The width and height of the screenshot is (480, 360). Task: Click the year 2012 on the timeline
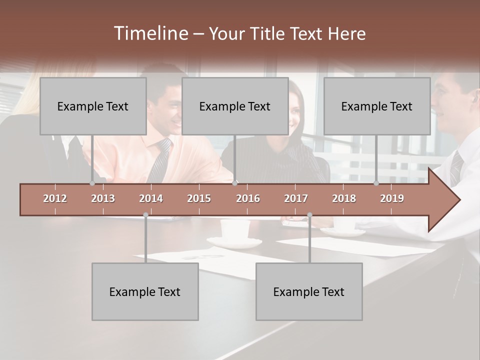pos(55,198)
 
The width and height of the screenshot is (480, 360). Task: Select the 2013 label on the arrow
pos(103,198)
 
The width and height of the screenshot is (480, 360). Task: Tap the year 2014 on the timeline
pos(151,198)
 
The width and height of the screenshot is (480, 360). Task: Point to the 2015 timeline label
pos(199,198)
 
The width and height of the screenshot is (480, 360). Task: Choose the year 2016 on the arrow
pos(248,198)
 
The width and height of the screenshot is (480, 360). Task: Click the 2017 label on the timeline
pos(296,198)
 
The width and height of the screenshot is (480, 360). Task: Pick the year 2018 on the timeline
pos(344,198)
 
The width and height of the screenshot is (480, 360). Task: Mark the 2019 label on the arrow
pos(392,198)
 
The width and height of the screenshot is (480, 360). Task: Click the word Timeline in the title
pos(150,33)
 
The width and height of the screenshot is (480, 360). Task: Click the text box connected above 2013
pos(93,106)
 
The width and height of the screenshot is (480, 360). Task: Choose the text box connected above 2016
pos(235,106)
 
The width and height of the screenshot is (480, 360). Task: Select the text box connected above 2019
pos(377,106)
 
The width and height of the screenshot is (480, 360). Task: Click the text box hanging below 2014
pos(145,291)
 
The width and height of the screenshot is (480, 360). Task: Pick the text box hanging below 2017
pos(309,291)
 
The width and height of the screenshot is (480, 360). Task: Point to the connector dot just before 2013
pos(92,183)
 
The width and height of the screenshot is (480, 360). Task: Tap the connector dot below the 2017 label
pos(309,215)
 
